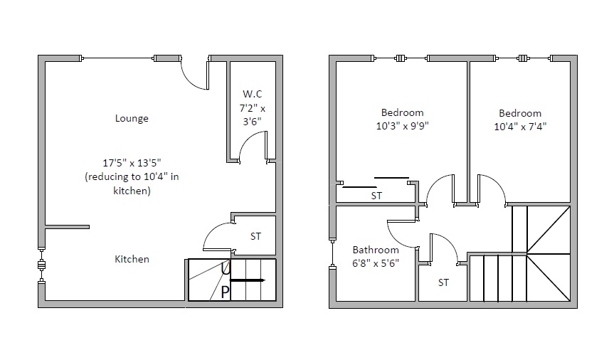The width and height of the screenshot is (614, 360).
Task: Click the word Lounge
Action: pyautogui.click(x=132, y=118)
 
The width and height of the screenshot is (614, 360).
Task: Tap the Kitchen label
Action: pyautogui.click(x=132, y=259)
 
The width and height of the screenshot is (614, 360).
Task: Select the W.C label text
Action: pyautogui.click(x=252, y=94)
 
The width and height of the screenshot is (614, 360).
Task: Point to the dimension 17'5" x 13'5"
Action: pyautogui.click(x=132, y=162)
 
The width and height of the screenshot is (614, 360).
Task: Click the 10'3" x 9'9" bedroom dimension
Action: pyautogui.click(x=403, y=126)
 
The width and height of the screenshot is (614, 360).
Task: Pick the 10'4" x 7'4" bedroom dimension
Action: pyautogui.click(x=520, y=127)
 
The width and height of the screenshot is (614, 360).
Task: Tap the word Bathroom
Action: pyautogui.click(x=376, y=250)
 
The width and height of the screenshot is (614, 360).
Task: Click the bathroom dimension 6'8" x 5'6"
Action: pyautogui.click(x=376, y=263)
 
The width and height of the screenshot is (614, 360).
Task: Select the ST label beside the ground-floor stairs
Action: pyautogui.click(x=255, y=236)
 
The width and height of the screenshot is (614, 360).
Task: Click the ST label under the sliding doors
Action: pyautogui.click(x=376, y=196)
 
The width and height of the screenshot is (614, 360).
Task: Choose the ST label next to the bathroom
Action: pyautogui.click(x=443, y=282)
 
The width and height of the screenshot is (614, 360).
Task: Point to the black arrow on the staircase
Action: pyautogui.click(x=248, y=280)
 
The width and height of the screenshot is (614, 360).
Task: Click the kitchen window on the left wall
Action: pyautogui.click(x=41, y=265)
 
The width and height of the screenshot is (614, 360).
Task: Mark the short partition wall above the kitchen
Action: pyautogui.click(x=68, y=227)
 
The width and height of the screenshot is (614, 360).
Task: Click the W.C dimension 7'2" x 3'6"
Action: pyautogui.click(x=252, y=115)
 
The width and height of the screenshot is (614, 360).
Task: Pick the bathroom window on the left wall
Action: pyautogui.click(x=332, y=253)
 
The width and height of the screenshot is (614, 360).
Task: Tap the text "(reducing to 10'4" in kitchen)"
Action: pyautogui.click(x=132, y=184)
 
